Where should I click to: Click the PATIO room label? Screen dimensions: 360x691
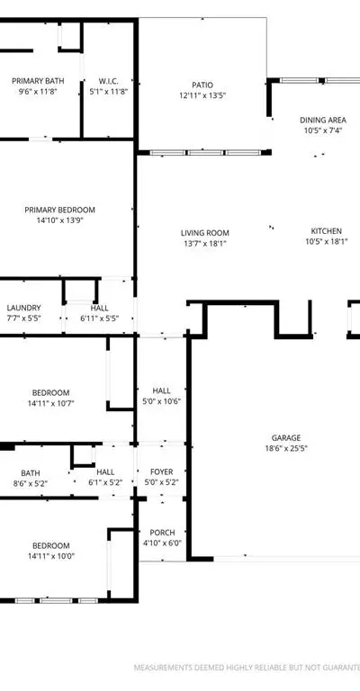tap(202, 85)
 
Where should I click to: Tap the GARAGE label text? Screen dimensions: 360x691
tap(286, 438)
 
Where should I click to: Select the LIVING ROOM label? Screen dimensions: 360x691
tap(205, 233)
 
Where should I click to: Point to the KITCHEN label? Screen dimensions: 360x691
tap(326, 231)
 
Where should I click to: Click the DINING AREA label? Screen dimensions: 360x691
tap(323, 120)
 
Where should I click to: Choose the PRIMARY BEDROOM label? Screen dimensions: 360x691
tap(59, 210)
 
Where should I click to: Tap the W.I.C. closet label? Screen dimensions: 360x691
tap(108, 81)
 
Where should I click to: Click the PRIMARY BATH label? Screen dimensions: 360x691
tap(38, 81)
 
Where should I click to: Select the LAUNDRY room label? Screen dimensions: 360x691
tap(23, 308)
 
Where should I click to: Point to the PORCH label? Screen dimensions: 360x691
tap(162, 533)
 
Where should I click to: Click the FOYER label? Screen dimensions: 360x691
tap(162, 472)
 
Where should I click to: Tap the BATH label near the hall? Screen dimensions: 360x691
tap(30, 473)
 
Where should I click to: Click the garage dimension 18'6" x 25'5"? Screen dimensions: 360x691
tap(286, 449)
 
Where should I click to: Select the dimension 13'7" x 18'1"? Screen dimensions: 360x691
tap(205, 243)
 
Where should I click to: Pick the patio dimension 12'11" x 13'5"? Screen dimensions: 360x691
tap(202, 95)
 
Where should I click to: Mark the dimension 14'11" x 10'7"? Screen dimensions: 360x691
tap(51, 403)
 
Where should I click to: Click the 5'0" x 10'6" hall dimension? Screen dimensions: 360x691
tap(162, 401)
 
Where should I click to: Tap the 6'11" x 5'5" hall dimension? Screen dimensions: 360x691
tap(100, 319)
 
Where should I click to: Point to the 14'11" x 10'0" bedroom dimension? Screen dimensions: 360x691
tap(51, 556)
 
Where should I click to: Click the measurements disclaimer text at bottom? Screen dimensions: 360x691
tap(247, 668)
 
